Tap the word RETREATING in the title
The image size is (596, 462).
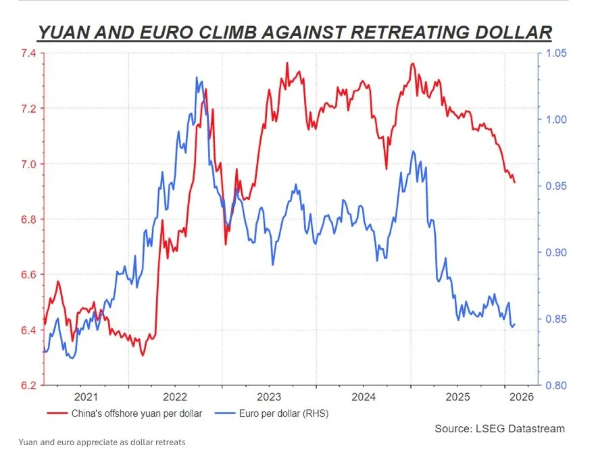(x=387, y=32)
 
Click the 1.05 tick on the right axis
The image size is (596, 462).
(x=557, y=53)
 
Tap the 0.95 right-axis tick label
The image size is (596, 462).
(x=557, y=186)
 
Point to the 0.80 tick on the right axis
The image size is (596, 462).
(x=557, y=385)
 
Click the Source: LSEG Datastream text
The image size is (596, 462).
(x=499, y=428)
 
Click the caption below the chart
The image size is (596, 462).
(x=102, y=442)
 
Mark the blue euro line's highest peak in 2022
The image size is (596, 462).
(x=197, y=77)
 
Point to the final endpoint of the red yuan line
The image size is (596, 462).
(x=515, y=182)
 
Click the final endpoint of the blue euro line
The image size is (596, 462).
(x=515, y=324)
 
